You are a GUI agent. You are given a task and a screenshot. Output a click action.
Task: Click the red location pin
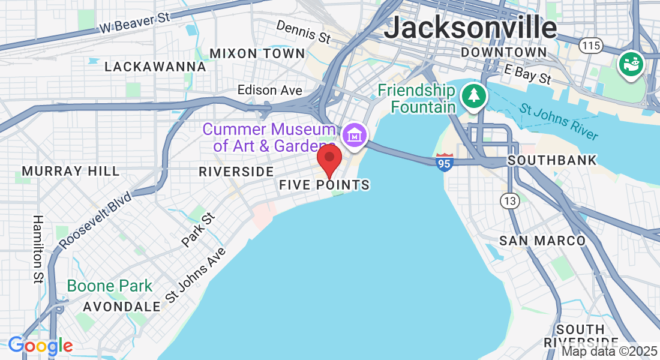(x=329, y=159)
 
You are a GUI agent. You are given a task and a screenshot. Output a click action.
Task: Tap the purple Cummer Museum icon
(x=355, y=135)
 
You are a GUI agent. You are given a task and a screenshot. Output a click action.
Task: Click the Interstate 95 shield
(x=445, y=163)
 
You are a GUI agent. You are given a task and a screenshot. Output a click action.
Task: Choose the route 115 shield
(x=590, y=45)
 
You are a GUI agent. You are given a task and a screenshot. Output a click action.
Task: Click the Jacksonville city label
(x=470, y=27)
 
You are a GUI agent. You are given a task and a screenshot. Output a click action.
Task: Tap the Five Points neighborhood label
(x=324, y=185)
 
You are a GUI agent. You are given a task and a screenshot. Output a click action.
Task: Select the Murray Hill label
(x=71, y=172)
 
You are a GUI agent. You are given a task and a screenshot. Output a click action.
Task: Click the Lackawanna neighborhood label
(x=155, y=67)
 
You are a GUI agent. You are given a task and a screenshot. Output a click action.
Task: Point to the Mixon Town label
(x=257, y=53)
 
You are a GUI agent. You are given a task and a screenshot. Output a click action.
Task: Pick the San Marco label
(x=542, y=241)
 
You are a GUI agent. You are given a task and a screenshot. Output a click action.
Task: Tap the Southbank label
(x=552, y=160)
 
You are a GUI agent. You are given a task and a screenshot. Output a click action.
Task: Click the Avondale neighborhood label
(x=122, y=307)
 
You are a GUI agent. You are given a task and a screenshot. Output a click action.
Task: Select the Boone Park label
(x=110, y=286)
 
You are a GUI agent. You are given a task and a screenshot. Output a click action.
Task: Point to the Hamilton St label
(x=38, y=249)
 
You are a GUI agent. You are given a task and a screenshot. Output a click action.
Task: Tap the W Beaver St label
(x=135, y=23)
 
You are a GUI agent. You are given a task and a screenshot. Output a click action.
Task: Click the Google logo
(x=40, y=346)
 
